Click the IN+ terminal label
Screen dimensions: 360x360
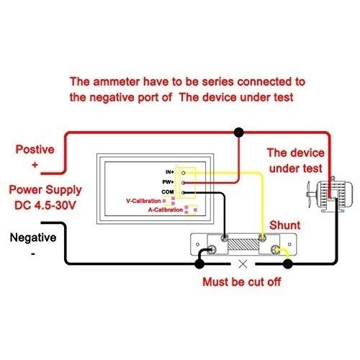(x=170, y=172)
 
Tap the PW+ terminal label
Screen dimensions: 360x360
(x=168, y=182)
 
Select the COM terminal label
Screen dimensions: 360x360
(x=168, y=192)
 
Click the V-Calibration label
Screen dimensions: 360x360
(x=143, y=201)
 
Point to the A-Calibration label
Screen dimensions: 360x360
(x=166, y=210)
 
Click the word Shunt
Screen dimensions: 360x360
(x=284, y=225)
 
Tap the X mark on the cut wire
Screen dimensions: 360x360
(x=243, y=264)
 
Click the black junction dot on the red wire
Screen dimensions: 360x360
(x=238, y=132)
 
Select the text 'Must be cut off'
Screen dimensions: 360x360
(x=241, y=282)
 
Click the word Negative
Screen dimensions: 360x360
(x=33, y=238)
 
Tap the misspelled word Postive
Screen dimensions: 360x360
(x=35, y=149)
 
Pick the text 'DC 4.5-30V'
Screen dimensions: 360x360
(x=45, y=205)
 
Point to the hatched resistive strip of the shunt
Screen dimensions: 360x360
(x=243, y=244)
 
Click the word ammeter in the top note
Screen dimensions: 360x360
(x=116, y=81)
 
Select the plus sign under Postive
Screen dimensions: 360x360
(x=35, y=165)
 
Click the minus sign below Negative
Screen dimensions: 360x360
(x=33, y=254)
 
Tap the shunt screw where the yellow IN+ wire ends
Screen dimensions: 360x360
(x=262, y=238)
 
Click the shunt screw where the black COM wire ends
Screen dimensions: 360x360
(x=225, y=238)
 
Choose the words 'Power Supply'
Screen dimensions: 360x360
(x=45, y=190)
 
